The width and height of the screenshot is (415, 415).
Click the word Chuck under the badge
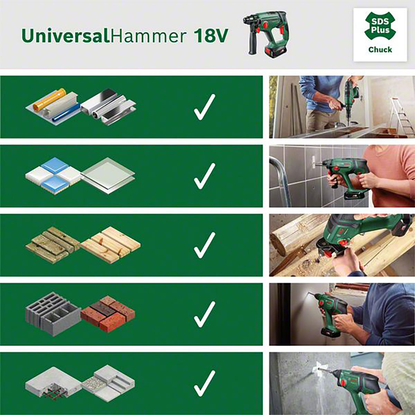click(380, 49)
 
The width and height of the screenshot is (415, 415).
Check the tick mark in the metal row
click(204, 107)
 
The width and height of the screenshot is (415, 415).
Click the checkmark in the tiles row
click(204, 176)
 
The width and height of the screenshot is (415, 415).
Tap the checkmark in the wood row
click(204, 245)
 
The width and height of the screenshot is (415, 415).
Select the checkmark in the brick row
click(204, 314)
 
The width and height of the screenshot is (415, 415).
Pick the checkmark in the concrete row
click(204, 384)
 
